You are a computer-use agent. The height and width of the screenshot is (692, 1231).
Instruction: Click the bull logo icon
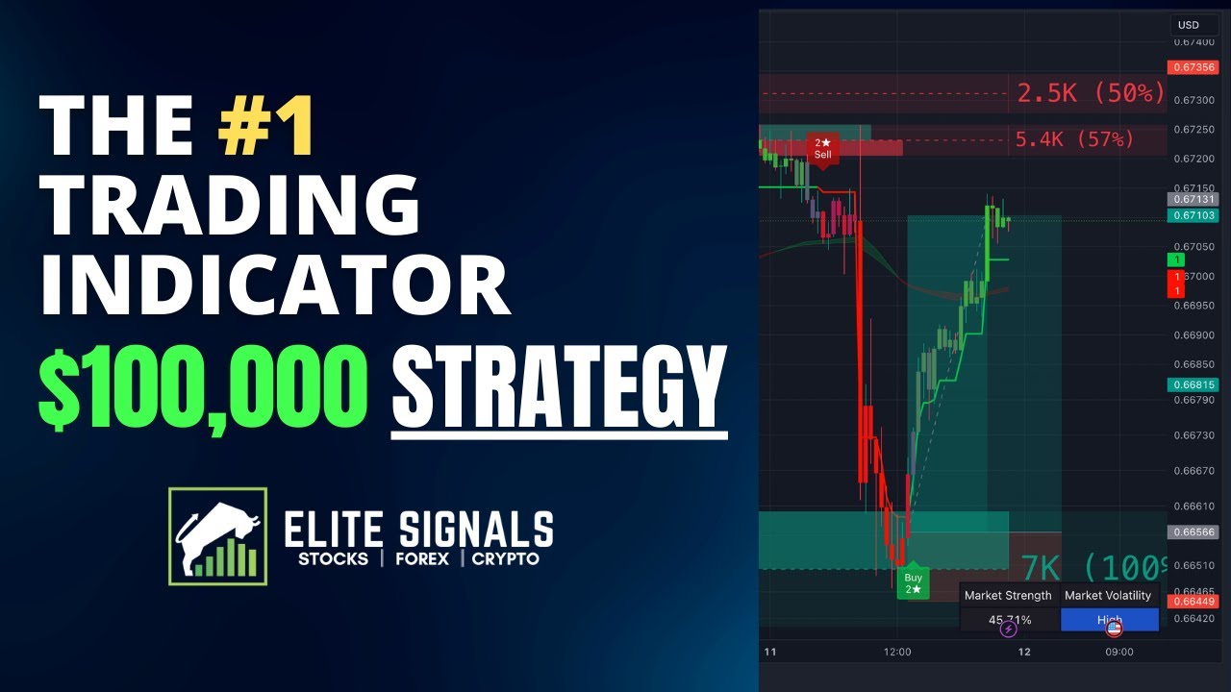coord(217,536)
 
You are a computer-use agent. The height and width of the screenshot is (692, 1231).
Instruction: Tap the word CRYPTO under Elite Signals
coord(505,558)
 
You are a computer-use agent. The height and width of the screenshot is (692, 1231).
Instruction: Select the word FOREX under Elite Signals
coord(421,558)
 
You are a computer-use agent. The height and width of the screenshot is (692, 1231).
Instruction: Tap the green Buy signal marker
coord(913,582)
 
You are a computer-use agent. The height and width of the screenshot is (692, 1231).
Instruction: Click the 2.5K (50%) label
coord(1091,94)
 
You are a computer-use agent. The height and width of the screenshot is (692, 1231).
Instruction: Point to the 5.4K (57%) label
coord(1074,139)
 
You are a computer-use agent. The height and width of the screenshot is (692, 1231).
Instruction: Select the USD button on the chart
coord(1189,25)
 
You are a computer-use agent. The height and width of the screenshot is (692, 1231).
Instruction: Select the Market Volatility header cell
coord(1108,596)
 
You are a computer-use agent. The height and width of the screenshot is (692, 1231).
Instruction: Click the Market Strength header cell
coord(1008,596)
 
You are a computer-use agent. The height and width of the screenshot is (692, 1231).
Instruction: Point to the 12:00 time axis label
coord(897,652)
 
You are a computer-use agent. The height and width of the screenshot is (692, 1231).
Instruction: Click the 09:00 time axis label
coord(1118,652)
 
